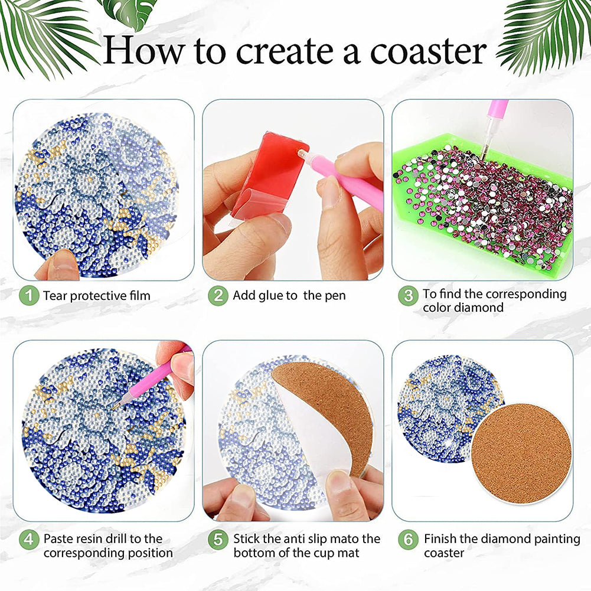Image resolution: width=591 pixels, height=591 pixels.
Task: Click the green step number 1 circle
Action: [29, 295]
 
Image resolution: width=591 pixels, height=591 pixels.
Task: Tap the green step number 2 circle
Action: [218, 295]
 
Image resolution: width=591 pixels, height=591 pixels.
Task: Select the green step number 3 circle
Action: [408, 295]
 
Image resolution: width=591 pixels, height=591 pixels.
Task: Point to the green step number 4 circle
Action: [29, 540]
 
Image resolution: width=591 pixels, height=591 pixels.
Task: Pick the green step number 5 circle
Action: [218, 540]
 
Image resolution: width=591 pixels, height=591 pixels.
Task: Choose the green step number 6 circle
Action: [408, 540]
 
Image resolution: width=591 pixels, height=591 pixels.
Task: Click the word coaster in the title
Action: [429, 52]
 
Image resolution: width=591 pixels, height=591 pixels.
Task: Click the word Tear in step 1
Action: [55, 296]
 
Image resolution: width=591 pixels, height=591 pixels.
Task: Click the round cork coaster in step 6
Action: [522, 454]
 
